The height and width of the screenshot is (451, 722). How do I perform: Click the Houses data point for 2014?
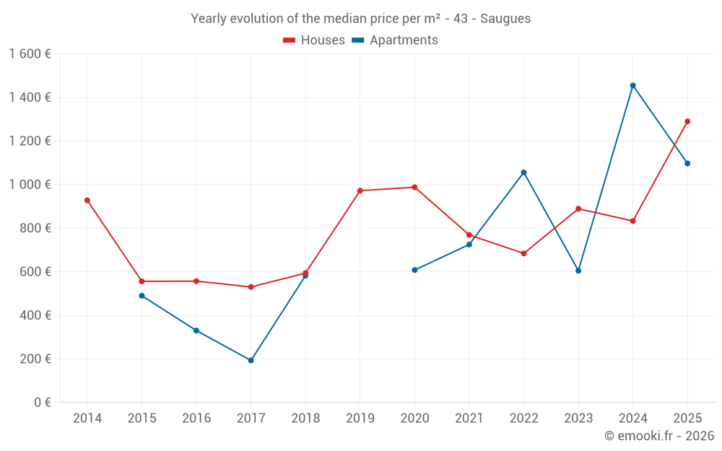[87, 200]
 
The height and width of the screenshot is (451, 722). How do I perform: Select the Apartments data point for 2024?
[633, 85]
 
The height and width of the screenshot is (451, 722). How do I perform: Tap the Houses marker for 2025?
[687, 121]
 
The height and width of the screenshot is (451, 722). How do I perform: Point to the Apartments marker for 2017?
[251, 360]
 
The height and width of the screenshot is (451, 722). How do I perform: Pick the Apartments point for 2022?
[523, 172]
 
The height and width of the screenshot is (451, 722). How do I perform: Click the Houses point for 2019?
[360, 191]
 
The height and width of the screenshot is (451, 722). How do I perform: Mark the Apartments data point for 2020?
[414, 270]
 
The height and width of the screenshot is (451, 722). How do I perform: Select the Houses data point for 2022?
[523, 253]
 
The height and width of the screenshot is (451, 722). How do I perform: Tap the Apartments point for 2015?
[142, 296]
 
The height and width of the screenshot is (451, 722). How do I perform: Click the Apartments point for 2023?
[578, 271]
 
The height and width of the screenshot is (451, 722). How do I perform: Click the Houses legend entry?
[314, 40]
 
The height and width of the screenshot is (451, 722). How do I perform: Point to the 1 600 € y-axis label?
[30, 54]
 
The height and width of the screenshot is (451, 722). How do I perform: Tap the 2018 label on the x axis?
[305, 419]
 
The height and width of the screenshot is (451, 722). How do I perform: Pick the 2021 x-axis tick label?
[469, 419]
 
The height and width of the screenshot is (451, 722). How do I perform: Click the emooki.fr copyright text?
[659, 436]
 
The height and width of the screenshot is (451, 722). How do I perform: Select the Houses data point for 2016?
[196, 281]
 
